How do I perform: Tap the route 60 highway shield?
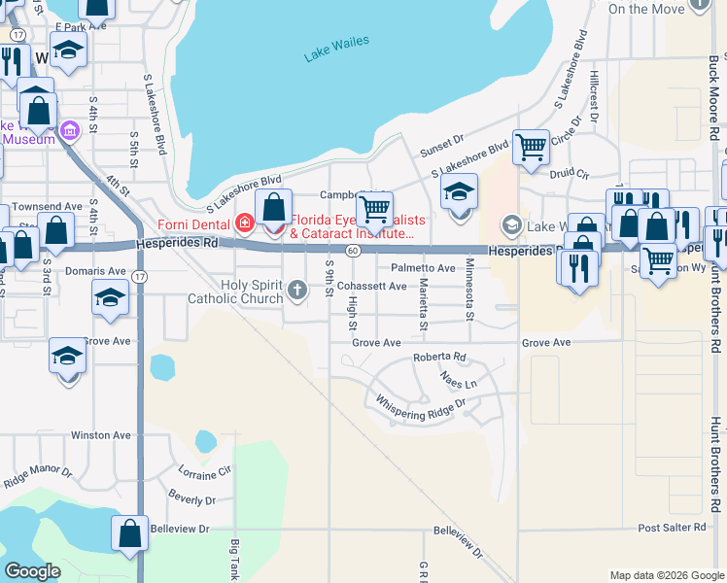pos(355,251)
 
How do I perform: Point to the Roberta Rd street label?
pos(439,358)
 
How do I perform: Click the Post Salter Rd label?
pos(672,528)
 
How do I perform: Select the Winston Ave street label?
pos(100,435)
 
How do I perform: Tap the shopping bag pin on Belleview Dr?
pos(129,533)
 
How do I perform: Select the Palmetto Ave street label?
pos(423,268)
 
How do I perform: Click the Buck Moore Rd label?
pos(713,97)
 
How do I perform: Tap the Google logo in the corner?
pos(33,571)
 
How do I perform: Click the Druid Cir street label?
pos(570,174)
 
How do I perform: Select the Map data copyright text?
pos(665,575)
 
